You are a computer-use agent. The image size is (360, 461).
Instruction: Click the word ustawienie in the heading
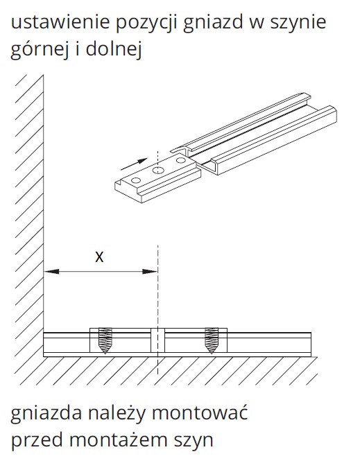(60, 21)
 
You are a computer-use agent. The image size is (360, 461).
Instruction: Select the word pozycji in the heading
(146, 24)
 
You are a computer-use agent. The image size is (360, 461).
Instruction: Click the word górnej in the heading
(40, 49)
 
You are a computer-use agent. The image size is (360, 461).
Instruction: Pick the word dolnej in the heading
(114, 49)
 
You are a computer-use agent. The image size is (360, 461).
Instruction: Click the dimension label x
(100, 257)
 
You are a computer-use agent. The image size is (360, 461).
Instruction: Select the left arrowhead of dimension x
(51, 271)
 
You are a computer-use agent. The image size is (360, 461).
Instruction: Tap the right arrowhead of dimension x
(150, 271)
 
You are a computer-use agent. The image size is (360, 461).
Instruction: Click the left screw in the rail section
(105, 340)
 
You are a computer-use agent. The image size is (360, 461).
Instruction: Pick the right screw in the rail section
(212, 340)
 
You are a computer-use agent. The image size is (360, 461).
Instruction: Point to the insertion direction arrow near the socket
(134, 164)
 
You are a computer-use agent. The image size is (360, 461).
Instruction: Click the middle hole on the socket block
(158, 170)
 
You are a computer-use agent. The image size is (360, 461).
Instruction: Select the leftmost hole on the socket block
(136, 180)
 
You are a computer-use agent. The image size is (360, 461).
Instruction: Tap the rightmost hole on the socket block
(181, 160)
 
